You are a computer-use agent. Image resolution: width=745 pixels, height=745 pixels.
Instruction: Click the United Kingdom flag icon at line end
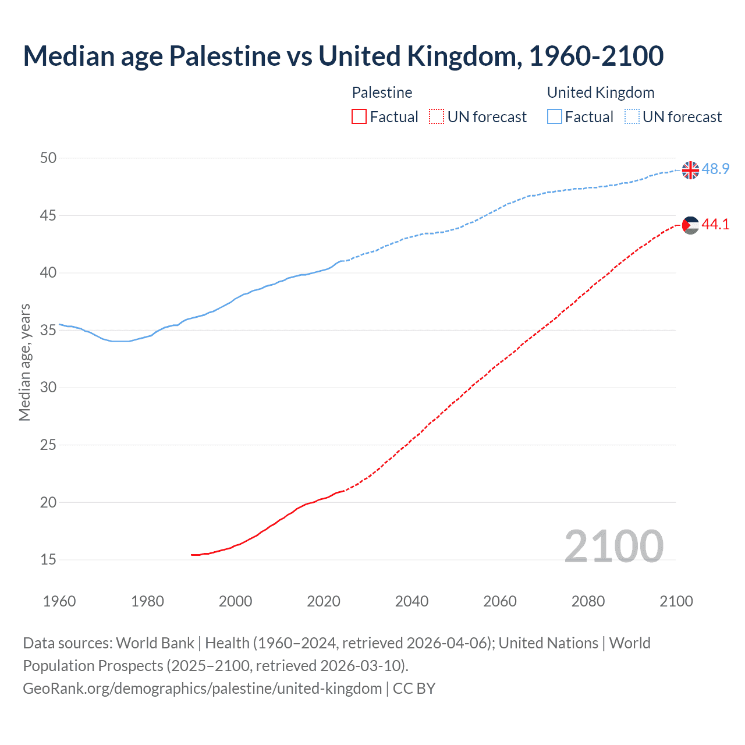(690, 170)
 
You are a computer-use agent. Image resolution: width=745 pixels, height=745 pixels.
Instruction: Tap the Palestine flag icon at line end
(690, 225)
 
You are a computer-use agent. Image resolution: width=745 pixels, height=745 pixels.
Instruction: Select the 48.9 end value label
(715, 169)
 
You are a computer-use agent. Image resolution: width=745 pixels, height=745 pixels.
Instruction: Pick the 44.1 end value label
(715, 225)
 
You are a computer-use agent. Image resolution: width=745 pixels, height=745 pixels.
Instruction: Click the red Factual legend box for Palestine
(359, 117)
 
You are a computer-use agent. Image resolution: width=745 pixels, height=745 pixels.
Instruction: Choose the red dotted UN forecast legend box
(437, 117)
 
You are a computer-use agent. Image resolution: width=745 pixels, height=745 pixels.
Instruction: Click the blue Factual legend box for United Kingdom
(555, 117)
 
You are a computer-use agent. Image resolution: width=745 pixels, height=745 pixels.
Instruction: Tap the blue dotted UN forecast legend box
(632, 117)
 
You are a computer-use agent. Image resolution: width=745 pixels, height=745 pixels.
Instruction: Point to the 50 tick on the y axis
(48, 158)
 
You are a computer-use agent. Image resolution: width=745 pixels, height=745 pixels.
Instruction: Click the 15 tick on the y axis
(48, 560)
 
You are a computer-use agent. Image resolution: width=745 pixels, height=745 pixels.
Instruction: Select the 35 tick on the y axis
(48, 331)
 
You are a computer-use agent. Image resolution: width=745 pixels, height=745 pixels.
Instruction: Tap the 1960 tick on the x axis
(59, 601)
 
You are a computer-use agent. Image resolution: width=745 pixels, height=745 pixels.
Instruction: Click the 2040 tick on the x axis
(411, 601)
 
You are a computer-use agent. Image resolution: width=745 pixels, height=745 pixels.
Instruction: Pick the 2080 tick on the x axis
(588, 601)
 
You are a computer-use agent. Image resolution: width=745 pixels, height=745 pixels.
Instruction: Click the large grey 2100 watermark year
(614, 547)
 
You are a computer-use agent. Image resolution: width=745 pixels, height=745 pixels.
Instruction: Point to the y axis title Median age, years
(24, 362)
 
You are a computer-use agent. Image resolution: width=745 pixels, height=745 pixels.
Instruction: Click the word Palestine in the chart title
(225, 56)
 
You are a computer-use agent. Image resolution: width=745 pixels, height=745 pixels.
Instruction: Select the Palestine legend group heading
(382, 93)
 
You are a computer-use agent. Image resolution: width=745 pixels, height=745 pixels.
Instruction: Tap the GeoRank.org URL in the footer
(202, 689)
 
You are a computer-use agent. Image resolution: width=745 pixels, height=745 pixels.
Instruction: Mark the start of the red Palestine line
(191, 555)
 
